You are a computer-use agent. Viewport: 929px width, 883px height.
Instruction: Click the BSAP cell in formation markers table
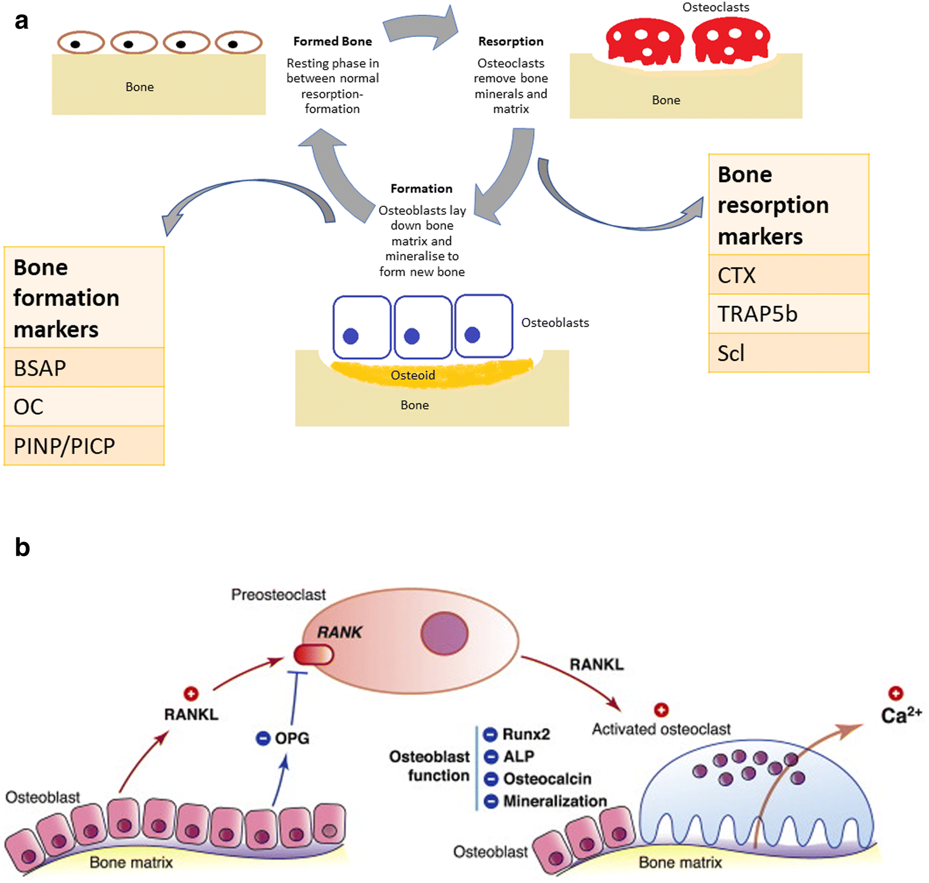(x=84, y=368)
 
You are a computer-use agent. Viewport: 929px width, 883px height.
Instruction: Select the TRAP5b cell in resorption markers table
(x=788, y=314)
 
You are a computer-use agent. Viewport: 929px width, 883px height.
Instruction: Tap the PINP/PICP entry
(x=84, y=446)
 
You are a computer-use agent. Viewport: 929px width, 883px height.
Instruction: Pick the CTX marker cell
(x=788, y=275)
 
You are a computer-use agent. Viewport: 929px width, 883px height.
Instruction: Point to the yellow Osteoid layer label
(x=413, y=375)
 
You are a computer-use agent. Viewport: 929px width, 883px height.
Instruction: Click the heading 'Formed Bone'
(x=332, y=41)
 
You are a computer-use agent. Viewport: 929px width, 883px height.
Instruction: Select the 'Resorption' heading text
(x=511, y=41)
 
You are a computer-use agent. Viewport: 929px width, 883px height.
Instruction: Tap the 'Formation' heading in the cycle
(x=421, y=189)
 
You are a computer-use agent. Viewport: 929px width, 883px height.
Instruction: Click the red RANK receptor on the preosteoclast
(x=314, y=654)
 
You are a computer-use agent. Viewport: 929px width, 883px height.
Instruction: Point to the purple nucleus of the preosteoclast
(x=444, y=633)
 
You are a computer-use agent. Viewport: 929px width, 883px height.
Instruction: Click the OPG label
(x=291, y=738)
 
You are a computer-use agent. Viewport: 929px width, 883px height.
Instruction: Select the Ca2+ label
(x=900, y=715)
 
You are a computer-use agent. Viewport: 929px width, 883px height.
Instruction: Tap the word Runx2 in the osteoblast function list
(x=526, y=734)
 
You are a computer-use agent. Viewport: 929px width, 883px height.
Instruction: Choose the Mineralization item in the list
(x=555, y=801)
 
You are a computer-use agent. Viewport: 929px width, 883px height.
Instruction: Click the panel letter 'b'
(x=22, y=547)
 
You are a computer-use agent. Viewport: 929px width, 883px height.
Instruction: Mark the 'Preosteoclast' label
(x=278, y=595)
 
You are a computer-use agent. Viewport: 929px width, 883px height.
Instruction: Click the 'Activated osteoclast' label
(x=661, y=729)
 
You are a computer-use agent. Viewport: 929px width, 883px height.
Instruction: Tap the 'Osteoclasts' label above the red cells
(x=716, y=7)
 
